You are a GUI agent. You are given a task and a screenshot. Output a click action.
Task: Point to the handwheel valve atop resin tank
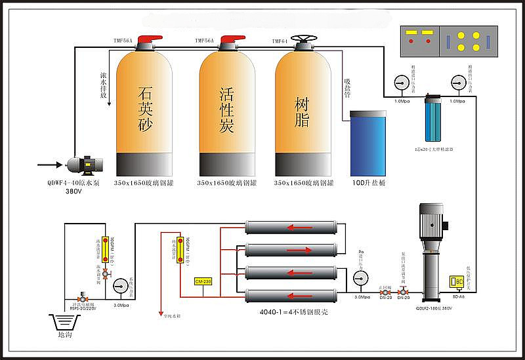(303, 40)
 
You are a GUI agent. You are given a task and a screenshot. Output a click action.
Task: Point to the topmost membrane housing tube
(290, 228)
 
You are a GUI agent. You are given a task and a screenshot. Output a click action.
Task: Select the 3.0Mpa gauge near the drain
(120, 285)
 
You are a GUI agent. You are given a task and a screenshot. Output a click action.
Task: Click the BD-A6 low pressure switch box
(457, 281)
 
